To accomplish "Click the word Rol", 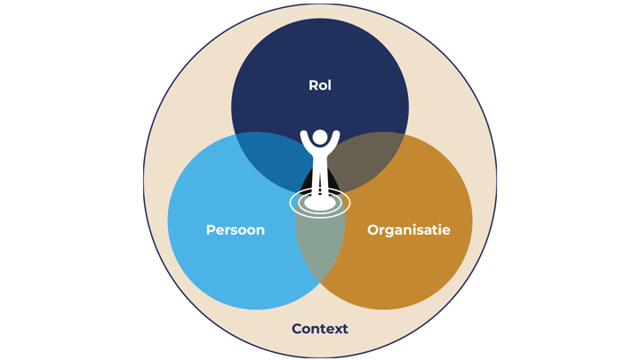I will [x=320, y=85].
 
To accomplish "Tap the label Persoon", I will [x=236, y=230].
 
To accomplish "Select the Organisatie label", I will [x=408, y=230].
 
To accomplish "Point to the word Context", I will [x=320, y=329].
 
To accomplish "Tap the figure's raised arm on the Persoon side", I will [x=306, y=140].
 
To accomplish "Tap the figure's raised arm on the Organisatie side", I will [x=334, y=140].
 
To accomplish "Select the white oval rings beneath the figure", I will [x=320, y=204].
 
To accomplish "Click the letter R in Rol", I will [x=313, y=85].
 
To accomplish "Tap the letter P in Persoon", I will [x=211, y=230].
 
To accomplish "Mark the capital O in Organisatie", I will [x=373, y=230].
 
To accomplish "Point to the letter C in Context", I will [x=297, y=329].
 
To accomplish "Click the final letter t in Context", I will [x=345, y=329].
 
